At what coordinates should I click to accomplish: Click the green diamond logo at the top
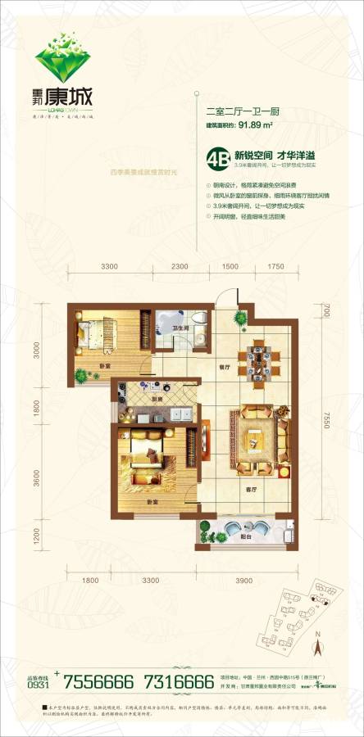point(62,54)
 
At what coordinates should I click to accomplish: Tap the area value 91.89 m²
point(255,126)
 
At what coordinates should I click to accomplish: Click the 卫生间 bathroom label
point(182,328)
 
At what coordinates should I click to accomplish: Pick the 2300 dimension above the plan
point(180,267)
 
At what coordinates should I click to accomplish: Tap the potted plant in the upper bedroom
point(82,375)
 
